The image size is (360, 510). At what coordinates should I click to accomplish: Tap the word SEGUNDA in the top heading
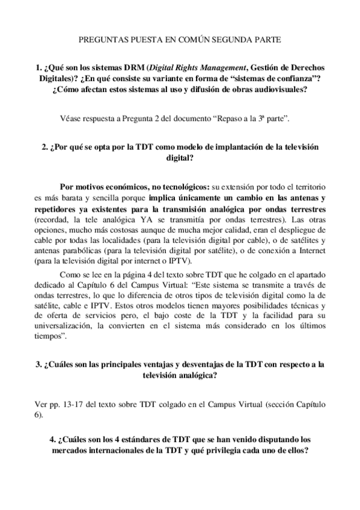(x=228, y=40)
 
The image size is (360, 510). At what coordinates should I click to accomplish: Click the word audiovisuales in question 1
(x=278, y=90)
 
